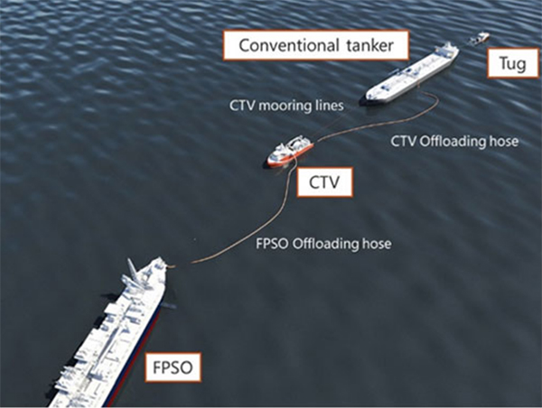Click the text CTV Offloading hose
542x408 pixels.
click(x=455, y=142)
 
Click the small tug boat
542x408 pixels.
click(x=480, y=38)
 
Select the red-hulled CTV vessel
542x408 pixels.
click(x=289, y=151)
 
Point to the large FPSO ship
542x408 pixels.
click(x=113, y=334)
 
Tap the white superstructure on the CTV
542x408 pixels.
click(x=296, y=143)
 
